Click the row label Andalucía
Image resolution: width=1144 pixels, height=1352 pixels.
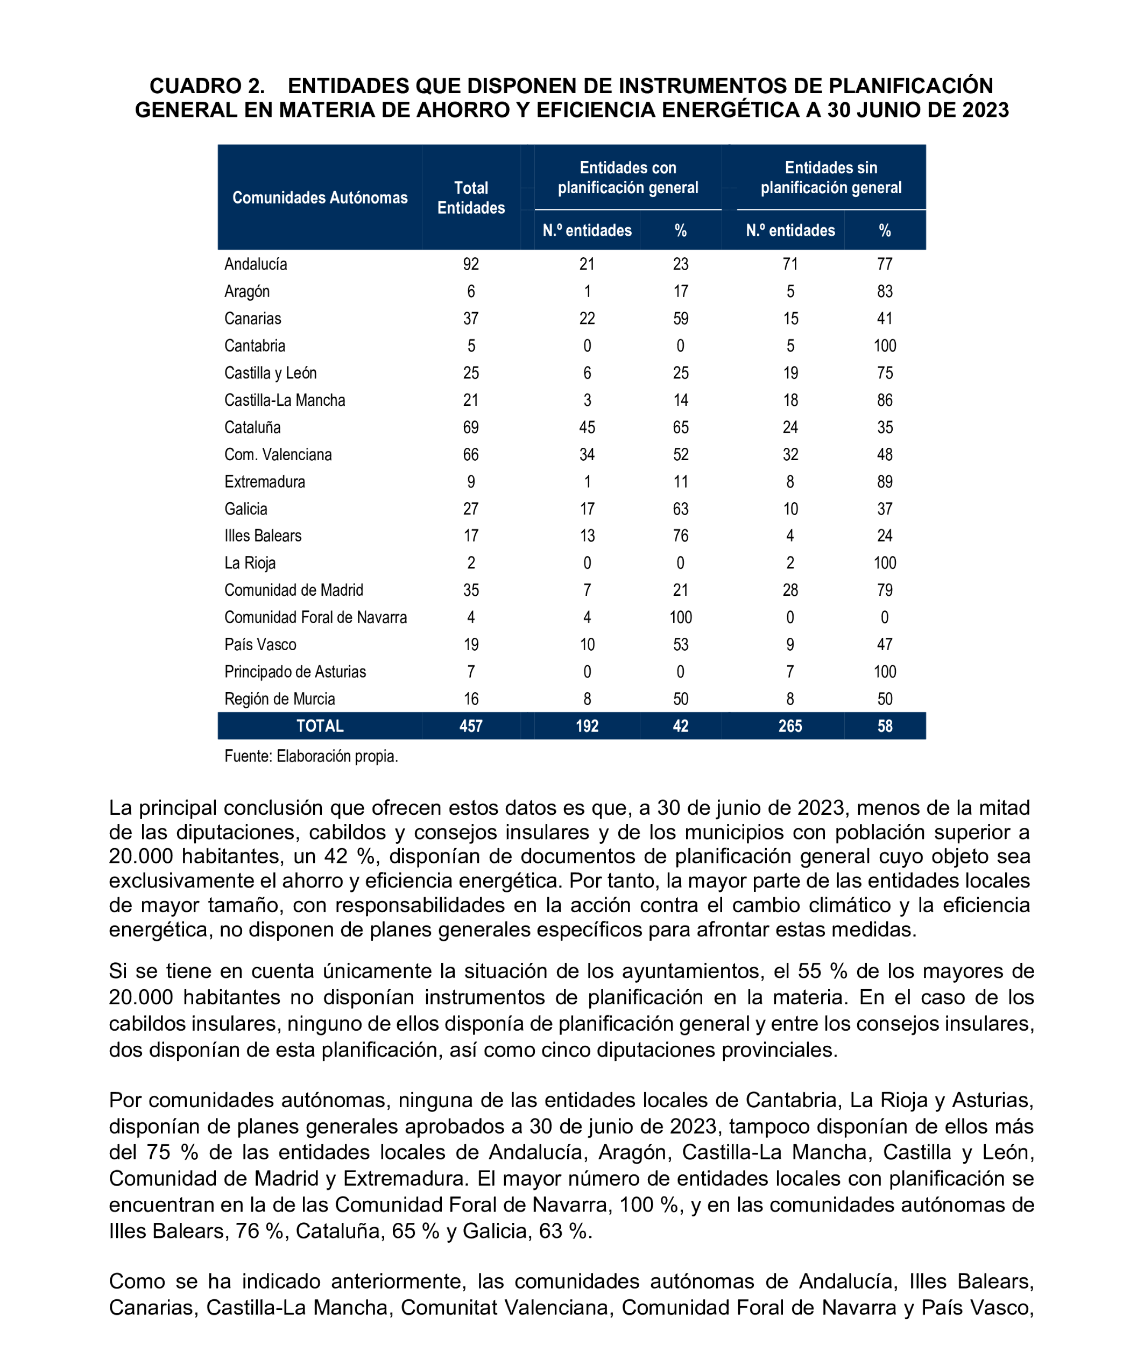pyautogui.click(x=256, y=264)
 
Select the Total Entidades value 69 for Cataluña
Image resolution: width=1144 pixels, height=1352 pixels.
pyautogui.click(x=471, y=427)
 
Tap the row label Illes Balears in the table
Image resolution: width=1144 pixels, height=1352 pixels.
pyautogui.click(x=263, y=536)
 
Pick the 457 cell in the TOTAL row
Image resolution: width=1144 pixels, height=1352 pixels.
pyautogui.click(x=471, y=726)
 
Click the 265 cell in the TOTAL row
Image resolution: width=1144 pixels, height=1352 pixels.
pyautogui.click(x=790, y=726)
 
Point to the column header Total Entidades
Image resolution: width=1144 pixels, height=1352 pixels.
pyautogui.click(x=471, y=198)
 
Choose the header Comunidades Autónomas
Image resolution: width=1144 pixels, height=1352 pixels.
pyautogui.click(x=320, y=198)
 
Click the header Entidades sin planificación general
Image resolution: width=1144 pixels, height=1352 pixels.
pyautogui.click(x=831, y=178)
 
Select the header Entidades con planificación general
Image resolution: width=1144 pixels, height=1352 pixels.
pyautogui.click(x=628, y=178)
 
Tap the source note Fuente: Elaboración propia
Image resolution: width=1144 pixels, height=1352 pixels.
pyautogui.click(x=310, y=756)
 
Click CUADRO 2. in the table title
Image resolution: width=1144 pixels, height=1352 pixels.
pyautogui.click(x=207, y=86)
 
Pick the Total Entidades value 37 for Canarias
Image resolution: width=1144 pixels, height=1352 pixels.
pyautogui.click(x=471, y=319)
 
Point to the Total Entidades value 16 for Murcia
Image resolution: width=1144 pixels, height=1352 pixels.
pyautogui.click(x=471, y=699)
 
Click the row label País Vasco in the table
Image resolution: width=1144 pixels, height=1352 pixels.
pyautogui.click(x=260, y=644)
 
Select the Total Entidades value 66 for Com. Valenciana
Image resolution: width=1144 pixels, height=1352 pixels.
pyautogui.click(x=471, y=455)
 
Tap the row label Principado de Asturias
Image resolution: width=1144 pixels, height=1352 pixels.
pyautogui.click(x=295, y=672)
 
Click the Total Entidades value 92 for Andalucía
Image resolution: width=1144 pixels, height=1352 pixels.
pyautogui.click(x=471, y=264)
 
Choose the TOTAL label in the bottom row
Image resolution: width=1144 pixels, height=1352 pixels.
pyautogui.click(x=320, y=726)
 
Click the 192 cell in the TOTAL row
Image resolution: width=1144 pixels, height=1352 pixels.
pyautogui.click(x=587, y=726)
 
